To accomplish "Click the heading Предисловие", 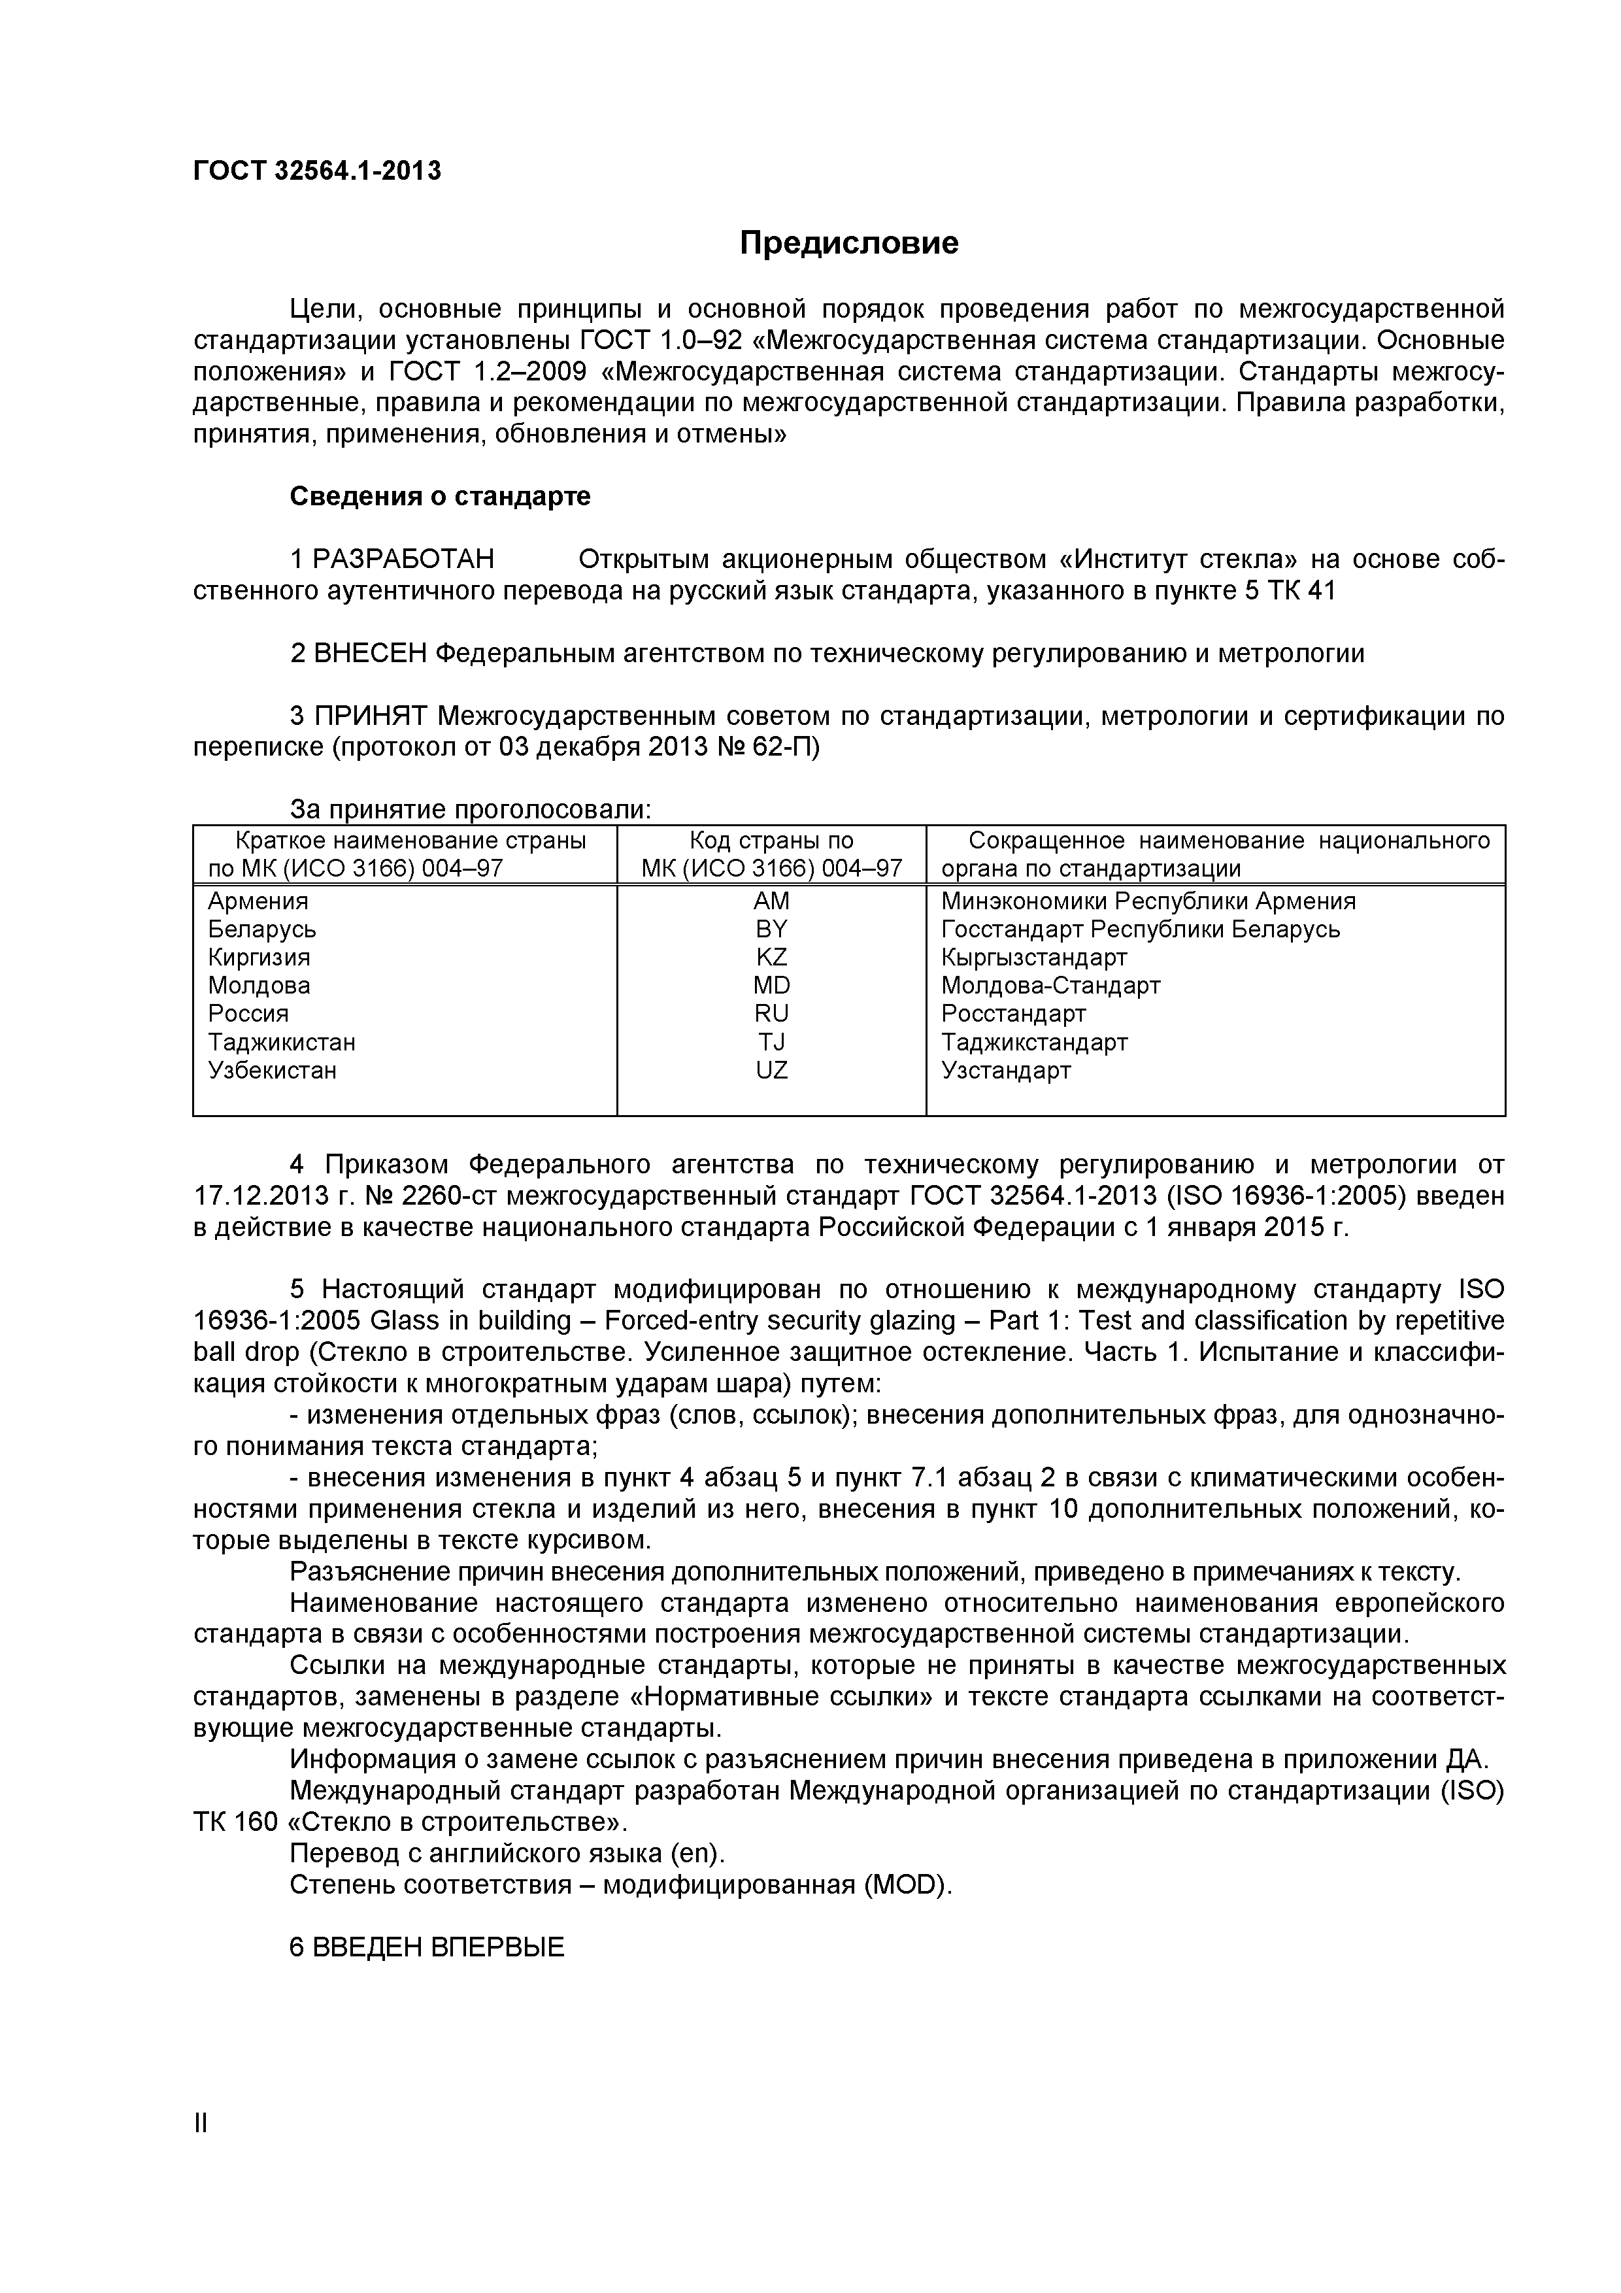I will [x=849, y=243].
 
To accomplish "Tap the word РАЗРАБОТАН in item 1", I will [x=403, y=560].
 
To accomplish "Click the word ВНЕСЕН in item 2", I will [x=369, y=654].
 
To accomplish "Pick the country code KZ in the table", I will [x=771, y=957].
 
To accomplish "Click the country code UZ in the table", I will [x=771, y=1071].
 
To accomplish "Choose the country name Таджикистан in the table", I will [x=282, y=1043].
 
